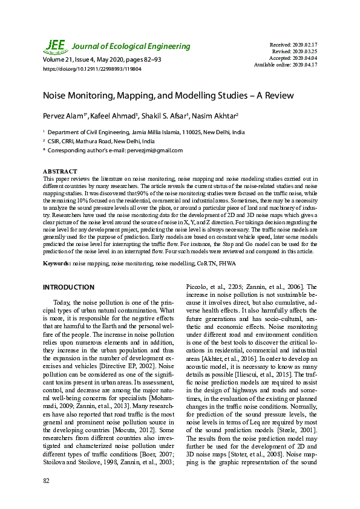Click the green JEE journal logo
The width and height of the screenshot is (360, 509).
point(55,46)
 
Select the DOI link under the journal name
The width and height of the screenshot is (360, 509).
point(91,70)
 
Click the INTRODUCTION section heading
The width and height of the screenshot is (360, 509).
point(68,287)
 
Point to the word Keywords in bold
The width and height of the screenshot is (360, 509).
point(57,264)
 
